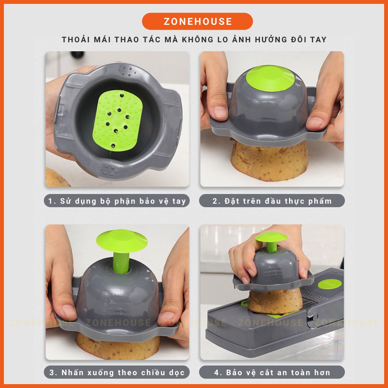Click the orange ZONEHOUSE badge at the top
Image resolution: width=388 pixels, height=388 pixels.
click(x=197, y=21)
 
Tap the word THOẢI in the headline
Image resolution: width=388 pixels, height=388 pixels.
click(x=76, y=39)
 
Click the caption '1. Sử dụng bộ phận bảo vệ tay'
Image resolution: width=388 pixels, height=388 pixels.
click(x=117, y=201)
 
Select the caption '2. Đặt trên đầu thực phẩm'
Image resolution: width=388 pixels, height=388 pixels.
click(x=272, y=201)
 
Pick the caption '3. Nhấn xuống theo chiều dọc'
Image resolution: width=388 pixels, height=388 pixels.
click(x=117, y=372)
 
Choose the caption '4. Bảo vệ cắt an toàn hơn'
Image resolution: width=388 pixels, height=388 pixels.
click(x=272, y=372)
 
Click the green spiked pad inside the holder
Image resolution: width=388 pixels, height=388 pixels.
click(x=118, y=120)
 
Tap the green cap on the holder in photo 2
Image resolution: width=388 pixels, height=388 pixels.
click(x=270, y=78)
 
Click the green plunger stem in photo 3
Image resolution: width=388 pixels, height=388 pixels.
click(x=121, y=263)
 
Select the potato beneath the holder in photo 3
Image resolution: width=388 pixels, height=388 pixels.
click(x=118, y=346)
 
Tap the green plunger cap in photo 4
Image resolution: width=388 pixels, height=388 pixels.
click(x=271, y=237)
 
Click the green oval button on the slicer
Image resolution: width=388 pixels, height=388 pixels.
click(x=329, y=284)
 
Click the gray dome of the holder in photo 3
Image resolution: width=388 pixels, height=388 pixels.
click(x=118, y=292)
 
